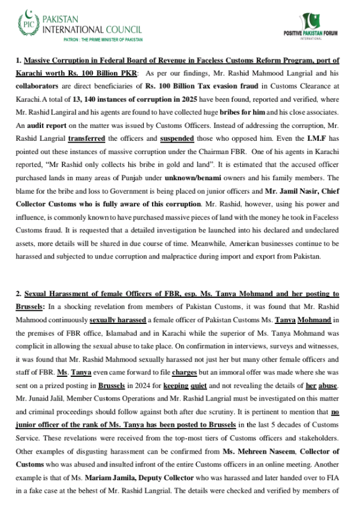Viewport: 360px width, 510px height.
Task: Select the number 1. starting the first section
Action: tap(19, 61)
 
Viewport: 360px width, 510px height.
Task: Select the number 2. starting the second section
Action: tap(19, 294)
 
